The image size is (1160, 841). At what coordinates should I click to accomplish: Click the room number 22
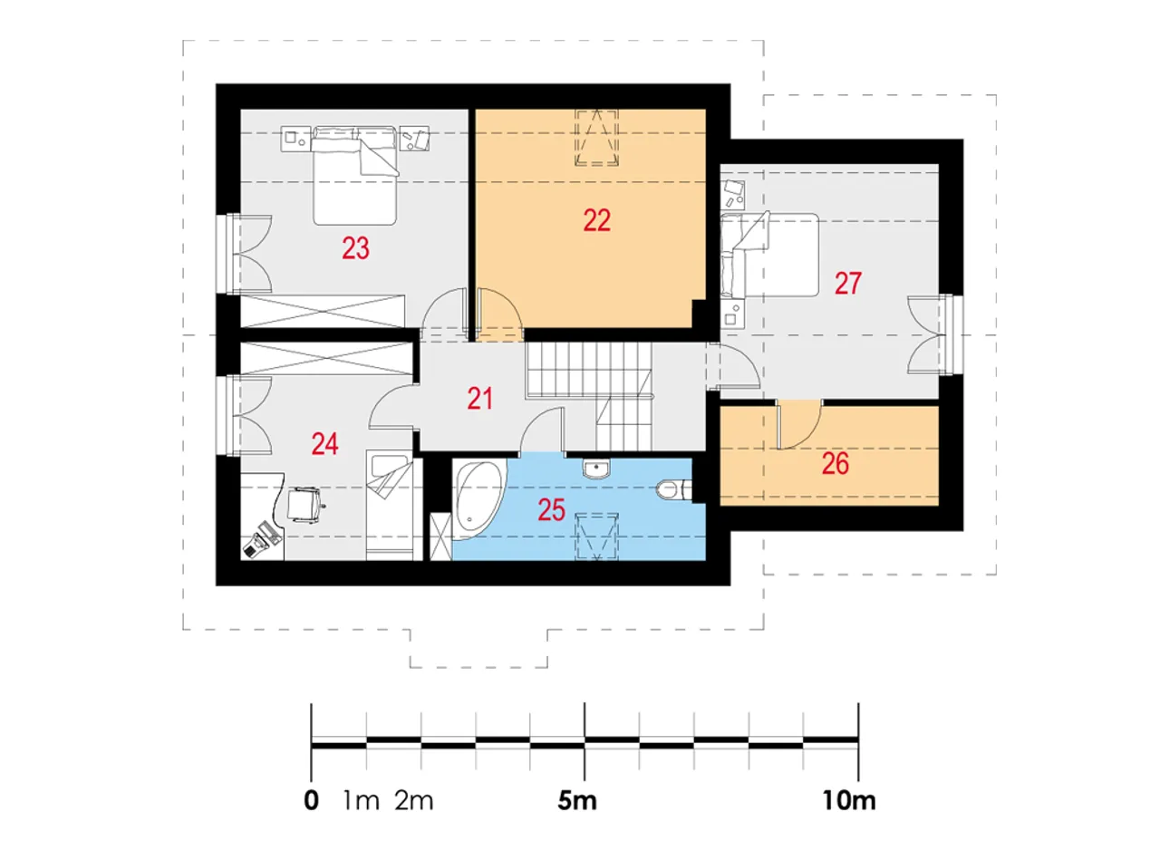pyautogui.click(x=597, y=220)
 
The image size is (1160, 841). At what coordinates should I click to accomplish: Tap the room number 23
pyautogui.click(x=356, y=248)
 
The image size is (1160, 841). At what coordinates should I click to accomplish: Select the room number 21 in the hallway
pyautogui.click(x=480, y=399)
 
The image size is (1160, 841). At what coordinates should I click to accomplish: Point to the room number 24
pyautogui.click(x=325, y=444)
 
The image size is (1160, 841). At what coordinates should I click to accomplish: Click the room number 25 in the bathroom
pyautogui.click(x=552, y=510)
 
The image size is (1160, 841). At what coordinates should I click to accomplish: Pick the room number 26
pyautogui.click(x=836, y=463)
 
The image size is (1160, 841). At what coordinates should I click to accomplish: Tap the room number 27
pyautogui.click(x=848, y=284)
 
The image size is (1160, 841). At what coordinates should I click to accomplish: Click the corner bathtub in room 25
pyautogui.click(x=478, y=499)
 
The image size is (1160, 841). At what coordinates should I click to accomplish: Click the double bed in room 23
pyautogui.click(x=355, y=175)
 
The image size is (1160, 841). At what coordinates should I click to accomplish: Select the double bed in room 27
pyautogui.click(x=770, y=254)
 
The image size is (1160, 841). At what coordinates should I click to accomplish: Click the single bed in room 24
pyautogui.click(x=390, y=505)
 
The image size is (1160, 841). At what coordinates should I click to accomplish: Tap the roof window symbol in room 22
pyautogui.click(x=597, y=137)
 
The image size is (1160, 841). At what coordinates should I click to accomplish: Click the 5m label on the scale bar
pyautogui.click(x=577, y=800)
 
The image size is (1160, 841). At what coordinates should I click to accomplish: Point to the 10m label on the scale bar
pyautogui.click(x=849, y=800)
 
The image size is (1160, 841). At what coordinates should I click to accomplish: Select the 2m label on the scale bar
pyautogui.click(x=414, y=800)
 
